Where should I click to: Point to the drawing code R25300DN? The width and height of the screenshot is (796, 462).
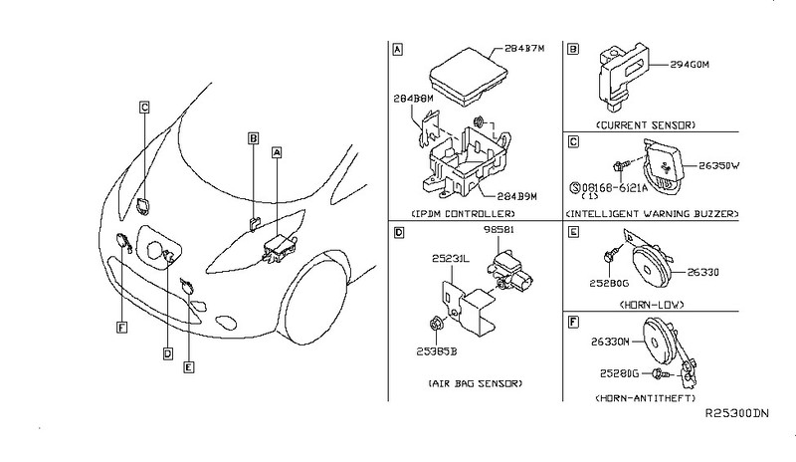[x=738, y=412]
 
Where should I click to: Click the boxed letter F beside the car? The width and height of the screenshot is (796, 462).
[x=120, y=325]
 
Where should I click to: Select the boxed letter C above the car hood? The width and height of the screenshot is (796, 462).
[x=144, y=107]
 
